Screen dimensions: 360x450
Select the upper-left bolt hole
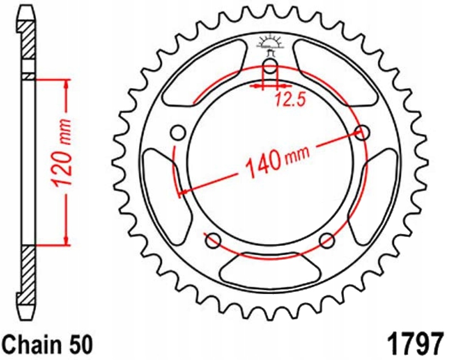[x=178, y=133]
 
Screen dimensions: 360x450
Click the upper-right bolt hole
[x=362, y=132]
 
